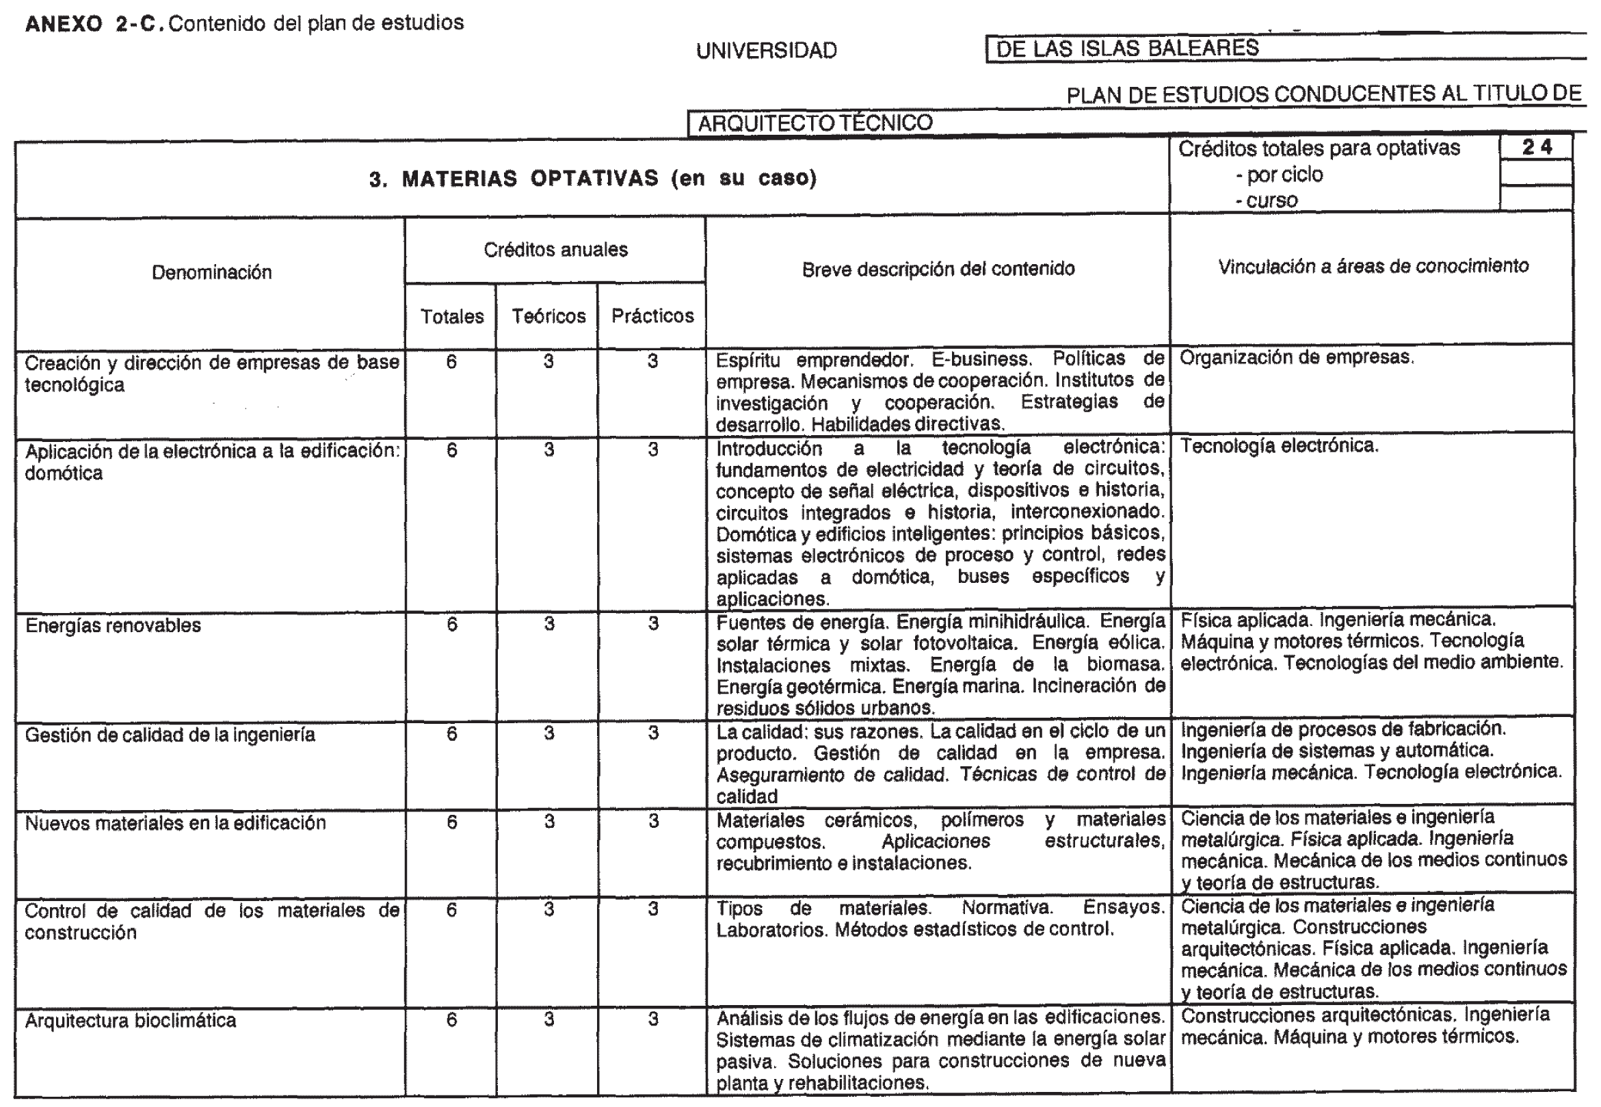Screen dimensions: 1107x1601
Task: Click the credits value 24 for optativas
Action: tap(1536, 147)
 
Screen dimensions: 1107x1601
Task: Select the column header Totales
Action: tap(452, 316)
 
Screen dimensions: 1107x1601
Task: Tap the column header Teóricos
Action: tap(548, 316)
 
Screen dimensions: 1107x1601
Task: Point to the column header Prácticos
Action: tap(652, 315)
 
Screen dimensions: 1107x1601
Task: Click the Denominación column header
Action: tap(211, 272)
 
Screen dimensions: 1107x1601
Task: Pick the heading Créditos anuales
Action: tap(555, 250)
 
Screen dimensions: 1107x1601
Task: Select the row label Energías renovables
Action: tap(113, 625)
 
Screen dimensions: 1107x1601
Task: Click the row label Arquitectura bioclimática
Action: tap(131, 1020)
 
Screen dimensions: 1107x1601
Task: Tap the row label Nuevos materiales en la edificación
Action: tap(176, 822)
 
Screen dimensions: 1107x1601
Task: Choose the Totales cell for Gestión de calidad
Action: tap(452, 733)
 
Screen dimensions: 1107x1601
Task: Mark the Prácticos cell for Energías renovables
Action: tap(653, 623)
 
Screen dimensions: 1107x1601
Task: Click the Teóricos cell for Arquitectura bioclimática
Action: tap(548, 1019)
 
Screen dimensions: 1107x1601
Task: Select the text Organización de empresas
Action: tap(1297, 357)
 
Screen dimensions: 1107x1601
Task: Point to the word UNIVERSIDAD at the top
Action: tap(766, 51)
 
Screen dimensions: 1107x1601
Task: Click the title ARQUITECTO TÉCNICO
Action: tap(815, 122)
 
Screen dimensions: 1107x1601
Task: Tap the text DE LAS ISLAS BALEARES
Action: tap(1128, 48)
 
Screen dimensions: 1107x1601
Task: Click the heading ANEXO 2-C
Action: tap(94, 24)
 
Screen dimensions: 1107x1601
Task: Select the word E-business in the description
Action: tap(981, 359)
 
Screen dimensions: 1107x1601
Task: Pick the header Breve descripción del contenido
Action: tap(938, 269)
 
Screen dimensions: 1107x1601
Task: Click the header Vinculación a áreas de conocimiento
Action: tap(1373, 266)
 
